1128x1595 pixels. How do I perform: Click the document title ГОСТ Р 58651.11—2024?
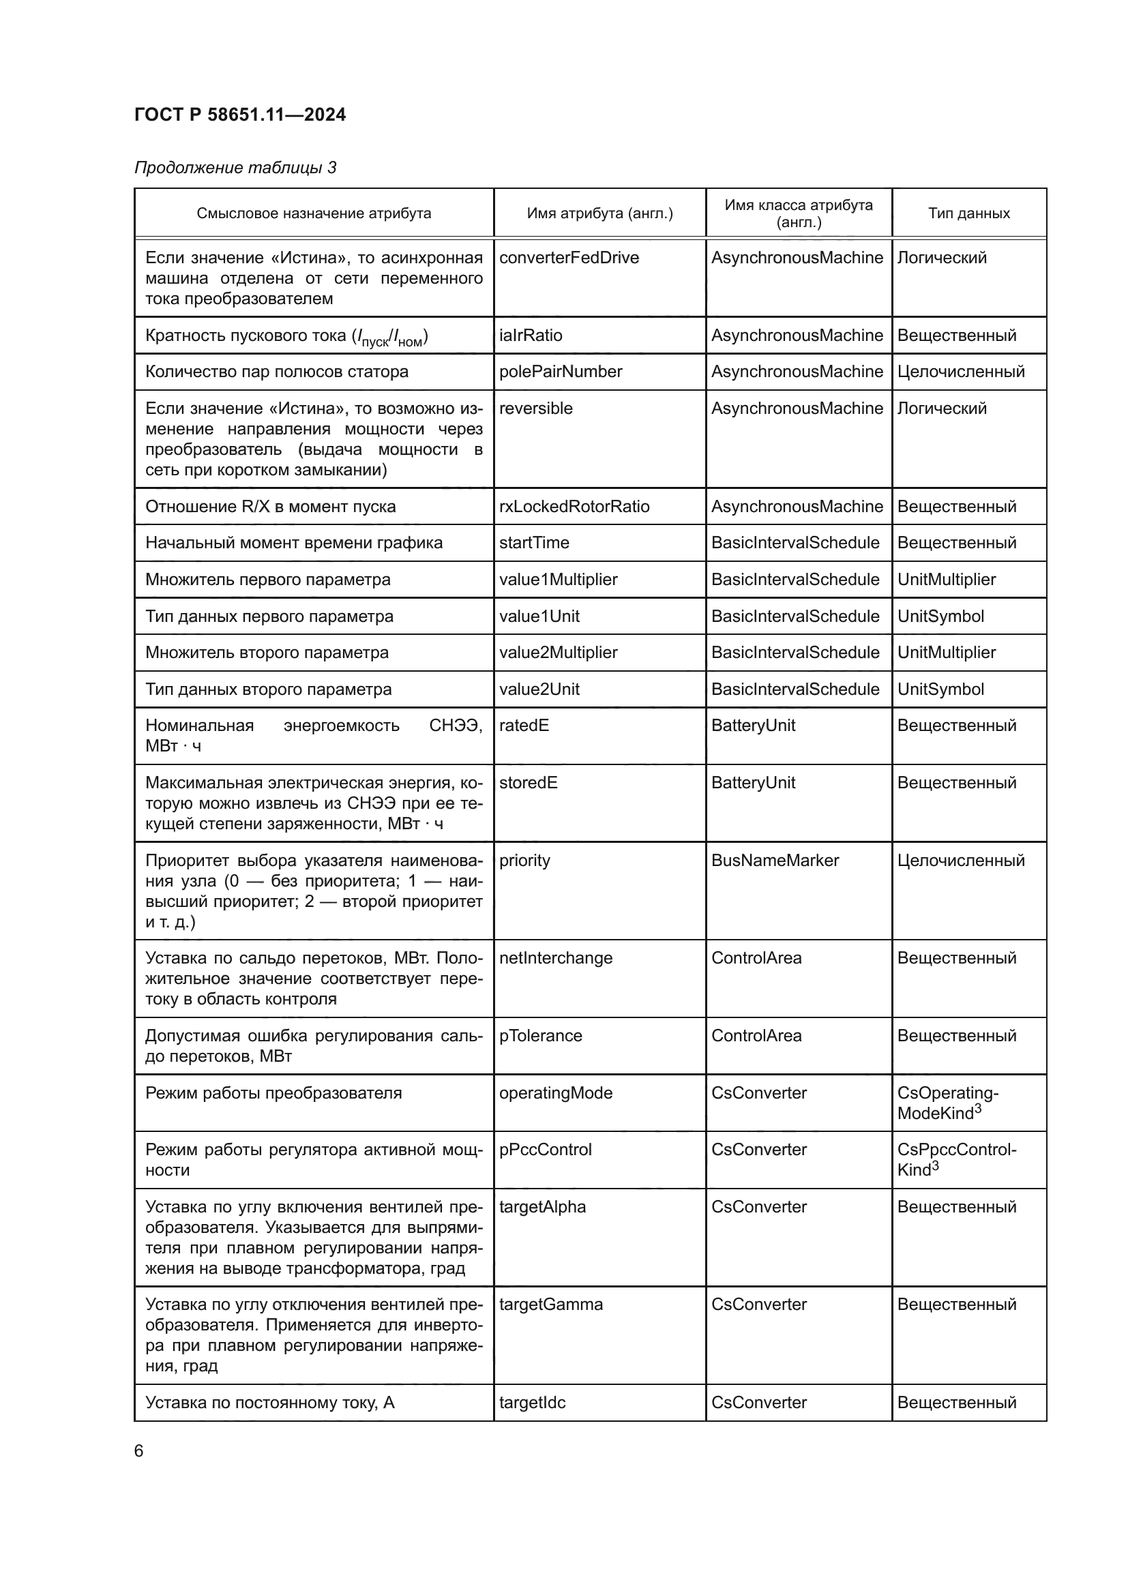pyautogui.click(x=239, y=115)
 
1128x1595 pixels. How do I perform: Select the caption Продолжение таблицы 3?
pyautogui.click(x=235, y=168)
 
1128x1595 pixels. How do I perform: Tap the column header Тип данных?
pyautogui.click(x=968, y=213)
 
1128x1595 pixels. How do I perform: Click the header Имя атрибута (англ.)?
pyautogui.click(x=599, y=213)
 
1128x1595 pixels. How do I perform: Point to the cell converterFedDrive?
pyautogui.click(x=568, y=258)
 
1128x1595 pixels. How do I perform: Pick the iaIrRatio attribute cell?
pyautogui.click(x=530, y=336)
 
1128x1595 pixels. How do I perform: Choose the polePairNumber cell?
pyautogui.click(x=560, y=372)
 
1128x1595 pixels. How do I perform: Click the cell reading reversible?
pyautogui.click(x=535, y=408)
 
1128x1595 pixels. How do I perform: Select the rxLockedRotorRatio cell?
pyautogui.click(x=574, y=507)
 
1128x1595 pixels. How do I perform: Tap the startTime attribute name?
pyautogui.click(x=533, y=543)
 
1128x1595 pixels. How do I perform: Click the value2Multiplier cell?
pyautogui.click(x=558, y=653)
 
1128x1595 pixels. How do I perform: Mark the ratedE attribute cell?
pyautogui.click(x=524, y=726)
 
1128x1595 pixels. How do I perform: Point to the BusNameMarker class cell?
pyautogui.click(x=775, y=860)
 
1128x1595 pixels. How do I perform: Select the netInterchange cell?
pyautogui.click(x=556, y=958)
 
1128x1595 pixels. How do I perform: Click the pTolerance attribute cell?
pyautogui.click(x=540, y=1036)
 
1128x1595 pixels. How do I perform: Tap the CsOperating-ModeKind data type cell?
pyautogui.click(x=947, y=1103)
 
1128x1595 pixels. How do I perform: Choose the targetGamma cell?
pyautogui.click(x=551, y=1304)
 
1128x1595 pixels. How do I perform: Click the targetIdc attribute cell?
pyautogui.click(x=532, y=1402)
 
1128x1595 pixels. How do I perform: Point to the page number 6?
pyautogui.click(x=139, y=1451)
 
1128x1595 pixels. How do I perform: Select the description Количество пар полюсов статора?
pyautogui.click(x=276, y=372)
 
